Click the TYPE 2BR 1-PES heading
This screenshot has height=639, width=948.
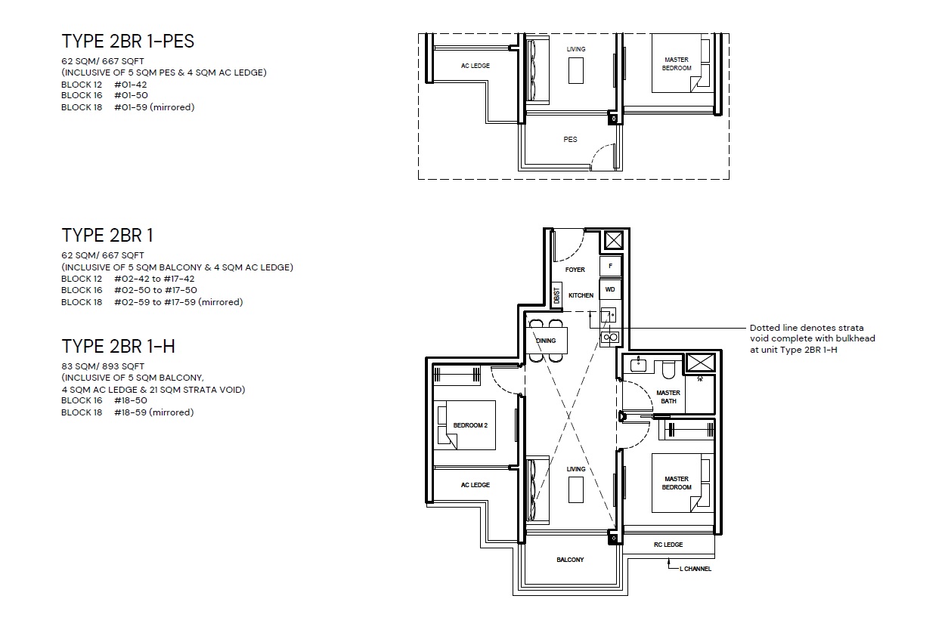pyautogui.click(x=128, y=42)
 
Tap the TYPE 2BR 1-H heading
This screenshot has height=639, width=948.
pyautogui.click(x=118, y=347)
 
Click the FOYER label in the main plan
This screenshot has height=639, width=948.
pyautogui.click(x=575, y=270)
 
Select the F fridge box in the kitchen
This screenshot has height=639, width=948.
pyautogui.click(x=610, y=266)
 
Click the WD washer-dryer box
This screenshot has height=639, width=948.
pyautogui.click(x=610, y=290)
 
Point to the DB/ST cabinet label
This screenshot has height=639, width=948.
pyautogui.click(x=556, y=295)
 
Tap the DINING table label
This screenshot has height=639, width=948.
pyautogui.click(x=546, y=341)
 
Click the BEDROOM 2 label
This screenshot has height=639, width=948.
pyautogui.click(x=470, y=425)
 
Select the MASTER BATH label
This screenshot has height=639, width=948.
pyautogui.click(x=668, y=397)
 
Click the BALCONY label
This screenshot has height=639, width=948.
pyautogui.click(x=570, y=560)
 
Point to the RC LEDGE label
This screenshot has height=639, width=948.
pyautogui.click(x=668, y=545)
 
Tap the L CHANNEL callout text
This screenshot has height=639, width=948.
pyautogui.click(x=696, y=569)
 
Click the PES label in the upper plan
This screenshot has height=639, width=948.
pyautogui.click(x=570, y=139)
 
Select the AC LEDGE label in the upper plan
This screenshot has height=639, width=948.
pyautogui.click(x=476, y=66)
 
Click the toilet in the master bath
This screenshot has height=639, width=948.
pyautogui.click(x=668, y=369)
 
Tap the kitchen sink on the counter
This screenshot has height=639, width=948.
pyautogui.click(x=608, y=315)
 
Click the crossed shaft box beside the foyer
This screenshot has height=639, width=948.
pyautogui.click(x=613, y=241)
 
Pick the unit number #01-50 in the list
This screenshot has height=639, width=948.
pyautogui.click(x=131, y=95)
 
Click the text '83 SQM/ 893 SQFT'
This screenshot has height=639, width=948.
pyautogui.click(x=103, y=366)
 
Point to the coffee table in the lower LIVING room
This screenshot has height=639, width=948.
pyautogui.click(x=575, y=489)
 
